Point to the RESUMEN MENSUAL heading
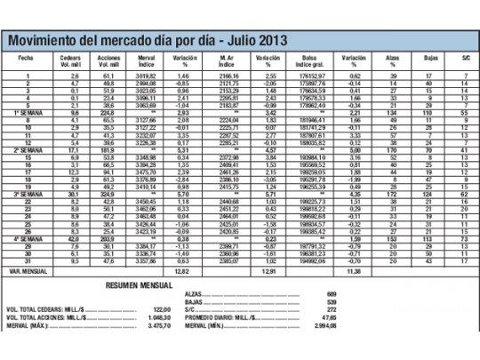140,286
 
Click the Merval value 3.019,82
147,77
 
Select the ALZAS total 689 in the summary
332,293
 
